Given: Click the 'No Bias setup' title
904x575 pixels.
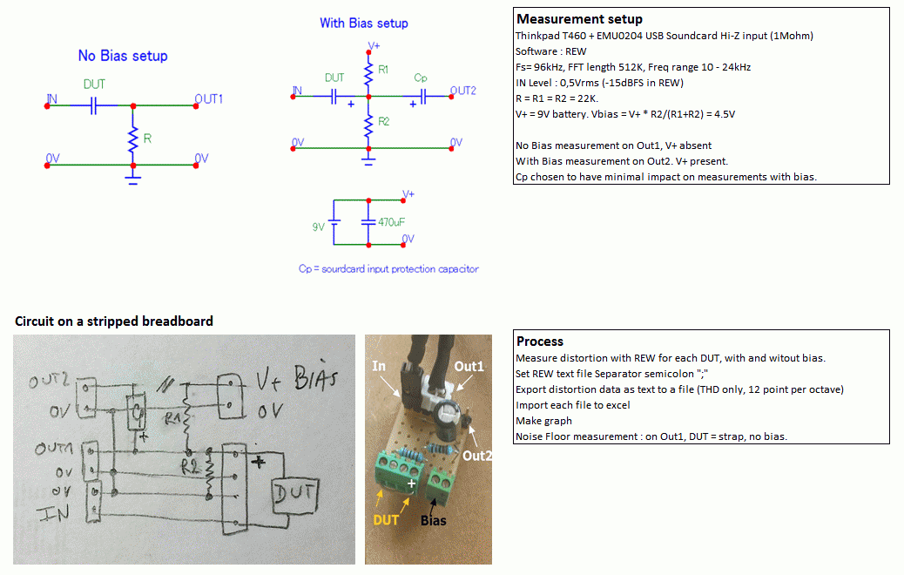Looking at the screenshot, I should click(x=123, y=56).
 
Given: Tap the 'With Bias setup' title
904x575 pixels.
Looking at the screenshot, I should click(x=363, y=24).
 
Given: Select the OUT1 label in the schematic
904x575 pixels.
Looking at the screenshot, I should click(x=208, y=99).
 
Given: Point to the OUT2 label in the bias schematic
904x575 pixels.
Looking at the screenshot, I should click(x=463, y=91).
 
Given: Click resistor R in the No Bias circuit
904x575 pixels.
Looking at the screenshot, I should click(x=133, y=138).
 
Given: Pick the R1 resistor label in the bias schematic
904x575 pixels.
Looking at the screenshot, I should click(x=384, y=68).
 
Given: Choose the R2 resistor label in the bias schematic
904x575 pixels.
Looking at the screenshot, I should click(x=384, y=121).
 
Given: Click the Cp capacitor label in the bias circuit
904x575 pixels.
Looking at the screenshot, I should click(x=421, y=78).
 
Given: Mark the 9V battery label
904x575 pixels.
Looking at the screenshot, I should click(x=318, y=227).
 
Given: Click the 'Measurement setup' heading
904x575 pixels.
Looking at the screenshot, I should click(x=579, y=19).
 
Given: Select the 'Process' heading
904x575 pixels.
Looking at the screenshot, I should click(x=540, y=342).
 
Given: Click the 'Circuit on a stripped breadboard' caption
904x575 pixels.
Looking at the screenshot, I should click(x=114, y=321).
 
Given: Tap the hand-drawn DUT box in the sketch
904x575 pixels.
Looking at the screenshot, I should click(x=290, y=495).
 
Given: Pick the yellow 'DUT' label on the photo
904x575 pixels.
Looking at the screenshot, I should click(x=386, y=520).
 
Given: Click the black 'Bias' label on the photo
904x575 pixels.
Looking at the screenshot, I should click(x=433, y=521).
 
